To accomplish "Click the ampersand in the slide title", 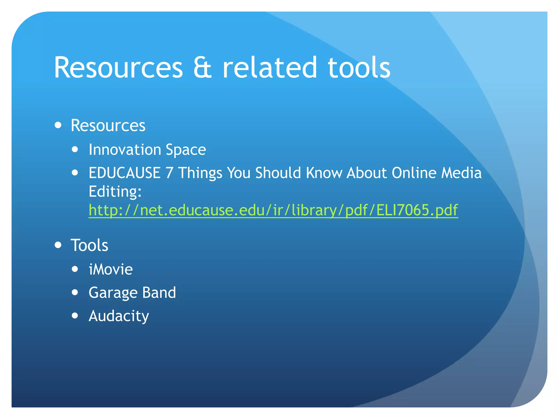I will point(202,68).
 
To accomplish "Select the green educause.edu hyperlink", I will point(273,210).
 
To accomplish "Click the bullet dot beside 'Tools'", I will point(58,245).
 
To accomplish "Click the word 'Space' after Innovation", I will point(186,150).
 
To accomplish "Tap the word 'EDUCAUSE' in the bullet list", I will point(124,173).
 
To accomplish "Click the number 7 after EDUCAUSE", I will point(169,173).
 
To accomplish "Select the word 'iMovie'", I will point(111,270).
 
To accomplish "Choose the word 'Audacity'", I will point(119,316).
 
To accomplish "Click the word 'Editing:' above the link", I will point(115,191).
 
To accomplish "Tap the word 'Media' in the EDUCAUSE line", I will point(462,173).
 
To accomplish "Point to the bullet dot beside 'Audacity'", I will point(75,316).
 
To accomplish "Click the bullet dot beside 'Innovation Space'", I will point(75,149).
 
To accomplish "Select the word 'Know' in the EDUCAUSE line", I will point(324,173).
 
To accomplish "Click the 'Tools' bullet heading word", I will point(89,245).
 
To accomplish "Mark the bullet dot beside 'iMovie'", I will point(75,269).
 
